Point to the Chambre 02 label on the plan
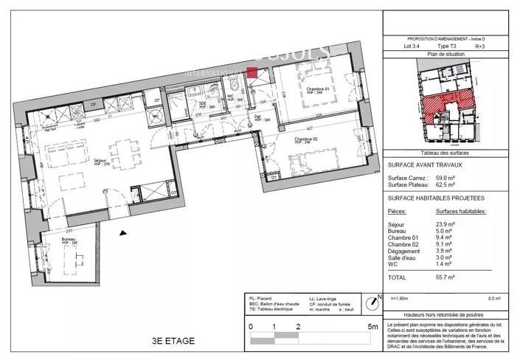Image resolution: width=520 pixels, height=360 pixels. [x=306, y=139]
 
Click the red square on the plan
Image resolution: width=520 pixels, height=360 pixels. [x=252, y=72]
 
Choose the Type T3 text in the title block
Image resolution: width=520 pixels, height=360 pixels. [x=447, y=46]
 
